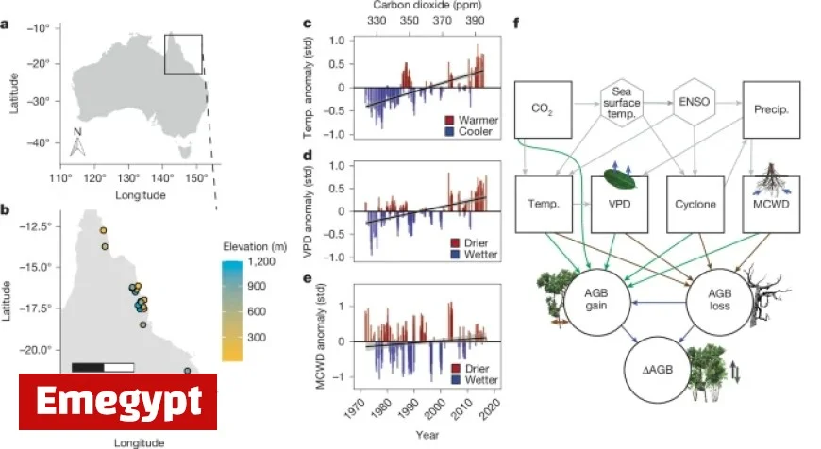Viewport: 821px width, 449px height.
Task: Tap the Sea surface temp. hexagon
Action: [x=623, y=98]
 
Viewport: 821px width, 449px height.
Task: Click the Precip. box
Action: [x=771, y=109]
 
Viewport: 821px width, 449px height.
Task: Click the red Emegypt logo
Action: [x=118, y=402]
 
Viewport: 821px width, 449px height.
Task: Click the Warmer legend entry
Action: [x=478, y=122]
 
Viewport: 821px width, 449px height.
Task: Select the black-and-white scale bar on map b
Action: [x=103, y=366]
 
